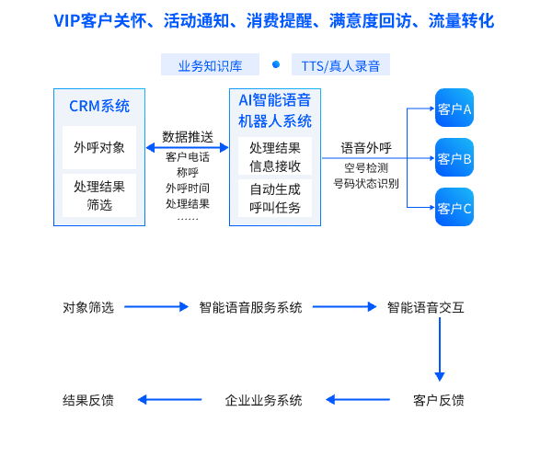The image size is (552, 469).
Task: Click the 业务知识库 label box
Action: [x=210, y=65]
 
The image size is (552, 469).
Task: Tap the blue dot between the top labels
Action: [x=275, y=64]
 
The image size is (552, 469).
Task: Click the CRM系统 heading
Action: [x=99, y=106]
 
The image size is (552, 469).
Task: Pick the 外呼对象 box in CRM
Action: [x=99, y=147]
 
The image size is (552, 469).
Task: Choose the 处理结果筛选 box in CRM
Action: [x=99, y=196]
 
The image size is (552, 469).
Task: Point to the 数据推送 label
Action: [x=188, y=136]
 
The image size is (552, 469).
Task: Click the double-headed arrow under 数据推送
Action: [x=188, y=147]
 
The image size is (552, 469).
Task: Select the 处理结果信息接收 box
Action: [x=275, y=156]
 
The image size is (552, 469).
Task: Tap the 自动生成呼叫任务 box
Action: [x=275, y=199]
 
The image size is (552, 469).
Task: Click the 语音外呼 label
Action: [x=366, y=147]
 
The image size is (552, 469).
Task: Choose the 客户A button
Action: [x=454, y=109]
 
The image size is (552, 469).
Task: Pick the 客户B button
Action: [x=454, y=158]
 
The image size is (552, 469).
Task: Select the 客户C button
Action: [x=454, y=208]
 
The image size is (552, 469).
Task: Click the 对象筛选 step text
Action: [x=88, y=307]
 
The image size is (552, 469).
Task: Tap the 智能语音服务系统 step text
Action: [x=250, y=307]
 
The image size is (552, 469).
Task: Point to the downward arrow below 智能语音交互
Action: [x=440, y=349]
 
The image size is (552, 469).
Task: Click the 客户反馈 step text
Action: [x=439, y=400]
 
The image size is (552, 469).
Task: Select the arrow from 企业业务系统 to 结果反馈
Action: [x=170, y=400]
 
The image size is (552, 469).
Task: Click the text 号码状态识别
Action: [x=366, y=183]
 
